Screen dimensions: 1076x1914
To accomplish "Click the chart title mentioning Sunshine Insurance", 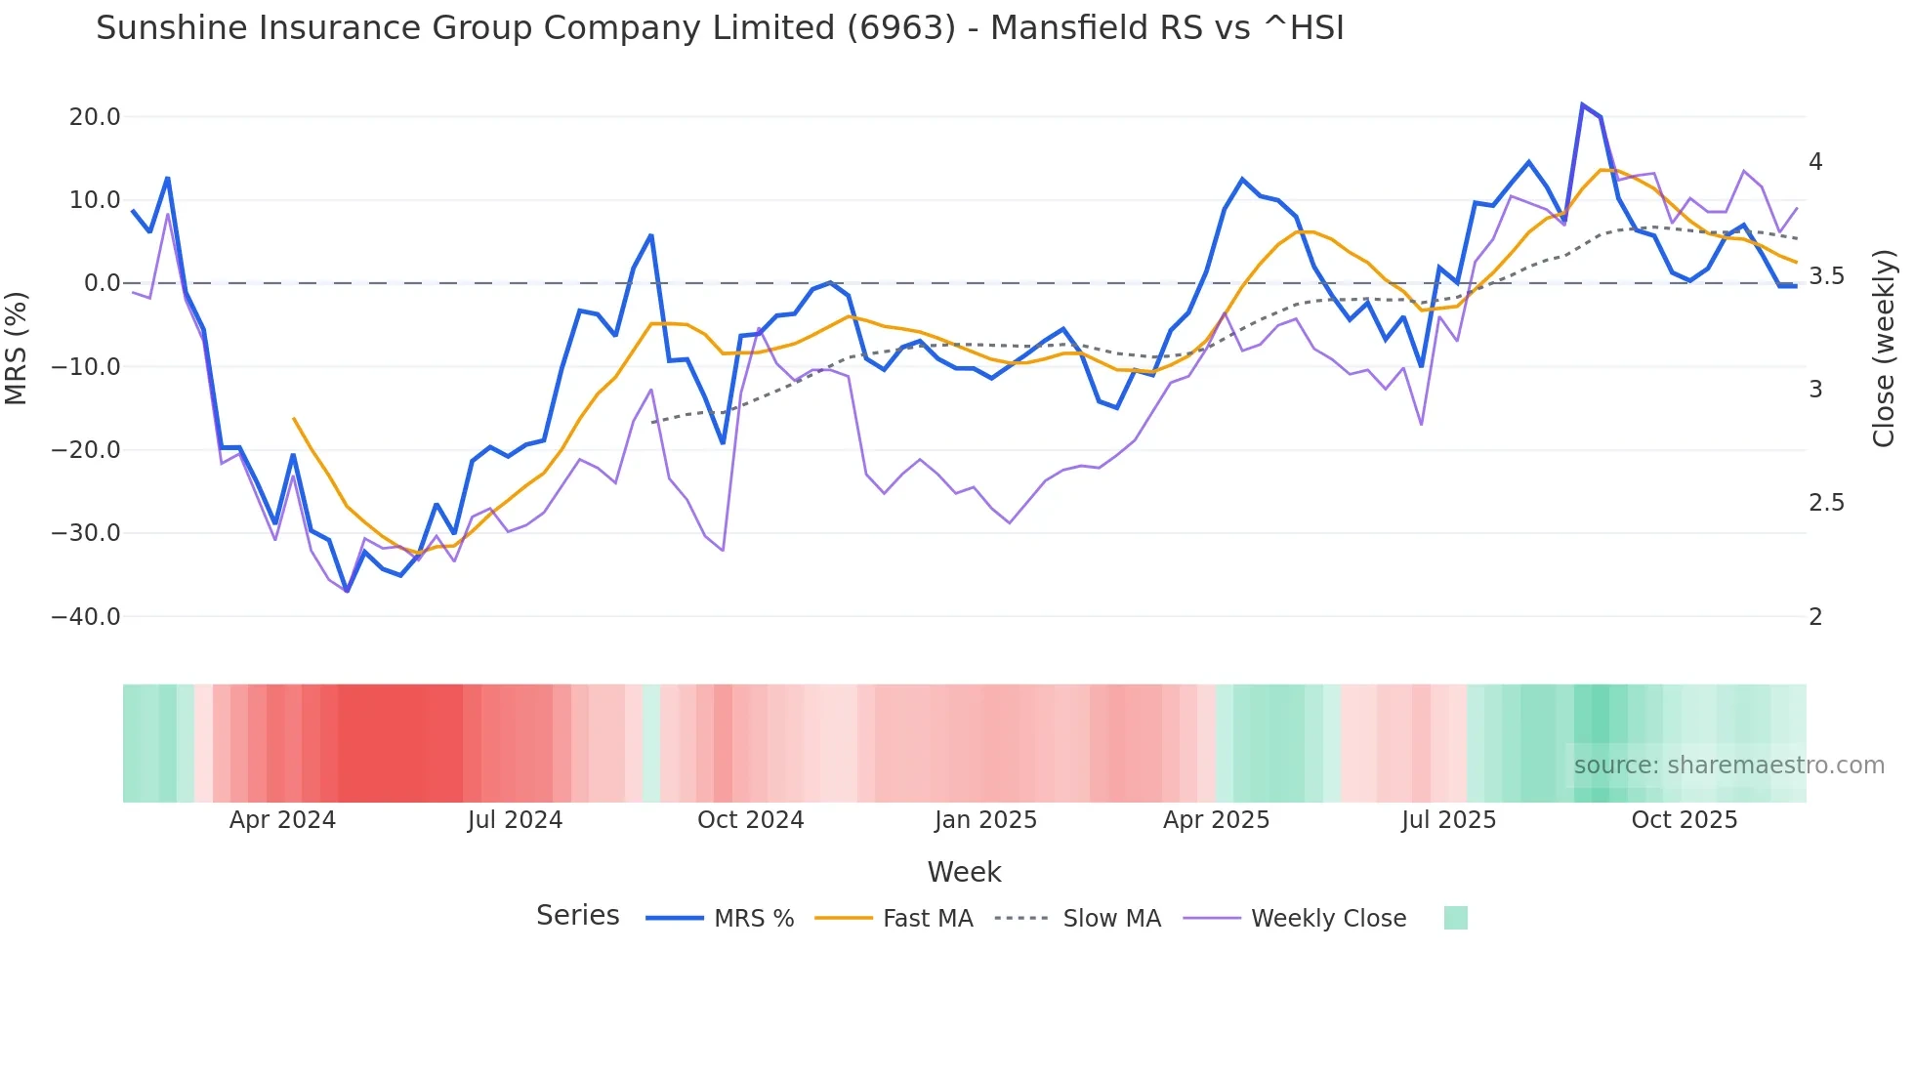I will [x=720, y=28].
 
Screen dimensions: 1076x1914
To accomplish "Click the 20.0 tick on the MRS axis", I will [x=95, y=117].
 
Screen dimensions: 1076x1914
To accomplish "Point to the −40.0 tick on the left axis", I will [x=86, y=617].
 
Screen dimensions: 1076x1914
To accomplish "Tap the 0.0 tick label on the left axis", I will [x=102, y=283].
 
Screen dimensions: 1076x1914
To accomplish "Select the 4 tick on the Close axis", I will [x=1815, y=162].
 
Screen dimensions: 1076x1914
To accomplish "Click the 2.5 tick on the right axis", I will [x=1826, y=503].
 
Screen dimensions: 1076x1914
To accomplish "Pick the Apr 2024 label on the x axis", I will [x=282, y=820].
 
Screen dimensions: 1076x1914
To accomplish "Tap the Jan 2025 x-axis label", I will [x=985, y=820].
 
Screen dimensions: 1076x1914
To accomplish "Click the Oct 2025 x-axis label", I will [x=1685, y=820].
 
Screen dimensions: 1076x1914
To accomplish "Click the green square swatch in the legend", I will [x=1455, y=919].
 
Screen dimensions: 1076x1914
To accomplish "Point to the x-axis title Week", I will [x=964, y=872].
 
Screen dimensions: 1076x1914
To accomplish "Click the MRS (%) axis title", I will [x=17, y=349].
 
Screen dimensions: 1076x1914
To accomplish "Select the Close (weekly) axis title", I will [x=1884, y=349].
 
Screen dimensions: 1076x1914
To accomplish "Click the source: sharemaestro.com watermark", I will [x=1728, y=766].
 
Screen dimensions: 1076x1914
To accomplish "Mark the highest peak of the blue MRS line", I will [x=1582, y=104].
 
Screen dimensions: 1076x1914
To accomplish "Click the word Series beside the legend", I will [x=577, y=916].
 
